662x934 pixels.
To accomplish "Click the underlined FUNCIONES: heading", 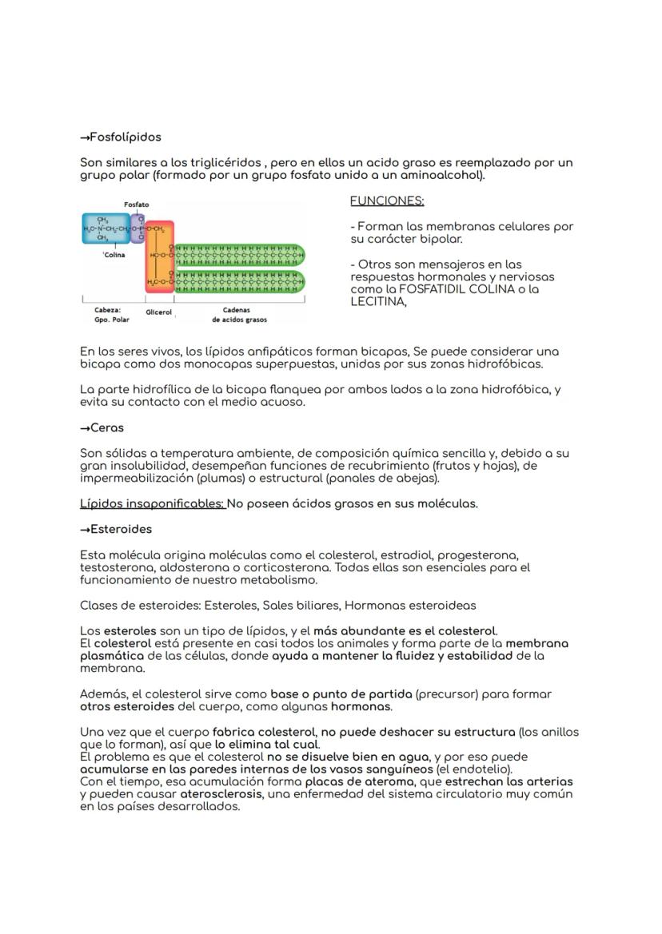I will click(x=387, y=201).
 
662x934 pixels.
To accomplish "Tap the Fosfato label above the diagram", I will click(x=136, y=205).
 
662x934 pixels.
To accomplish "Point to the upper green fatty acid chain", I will click(x=240, y=255).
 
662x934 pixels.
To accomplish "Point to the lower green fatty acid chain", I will click(x=240, y=281).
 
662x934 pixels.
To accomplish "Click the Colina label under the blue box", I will click(x=113, y=255).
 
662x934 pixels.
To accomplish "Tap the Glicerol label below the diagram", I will click(x=159, y=312).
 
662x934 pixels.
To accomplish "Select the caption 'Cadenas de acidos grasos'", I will click(x=239, y=315).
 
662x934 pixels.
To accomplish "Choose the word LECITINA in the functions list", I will click(x=378, y=302).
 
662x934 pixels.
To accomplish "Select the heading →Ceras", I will click(x=102, y=428).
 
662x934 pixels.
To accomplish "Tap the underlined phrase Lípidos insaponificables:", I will click(x=152, y=503).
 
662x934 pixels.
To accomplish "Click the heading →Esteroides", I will click(x=116, y=529).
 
